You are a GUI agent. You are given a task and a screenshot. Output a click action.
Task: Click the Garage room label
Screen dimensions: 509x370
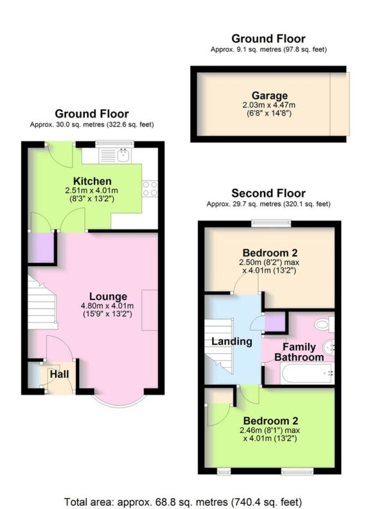[x=269, y=96]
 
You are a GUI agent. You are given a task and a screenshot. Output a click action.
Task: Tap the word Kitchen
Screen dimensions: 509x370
[x=92, y=181]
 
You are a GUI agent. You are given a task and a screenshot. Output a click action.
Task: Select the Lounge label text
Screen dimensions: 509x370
[x=103, y=296]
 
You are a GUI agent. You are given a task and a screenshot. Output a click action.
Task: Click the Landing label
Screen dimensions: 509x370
[x=232, y=341]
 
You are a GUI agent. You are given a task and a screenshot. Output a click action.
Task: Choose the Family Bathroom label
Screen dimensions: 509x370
[x=299, y=352]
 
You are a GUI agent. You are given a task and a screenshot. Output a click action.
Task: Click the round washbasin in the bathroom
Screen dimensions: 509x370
[x=329, y=347]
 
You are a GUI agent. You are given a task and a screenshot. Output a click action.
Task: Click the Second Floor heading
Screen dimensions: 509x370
[x=269, y=193]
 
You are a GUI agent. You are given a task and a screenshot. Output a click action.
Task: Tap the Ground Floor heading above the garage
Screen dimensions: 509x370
[x=269, y=39]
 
